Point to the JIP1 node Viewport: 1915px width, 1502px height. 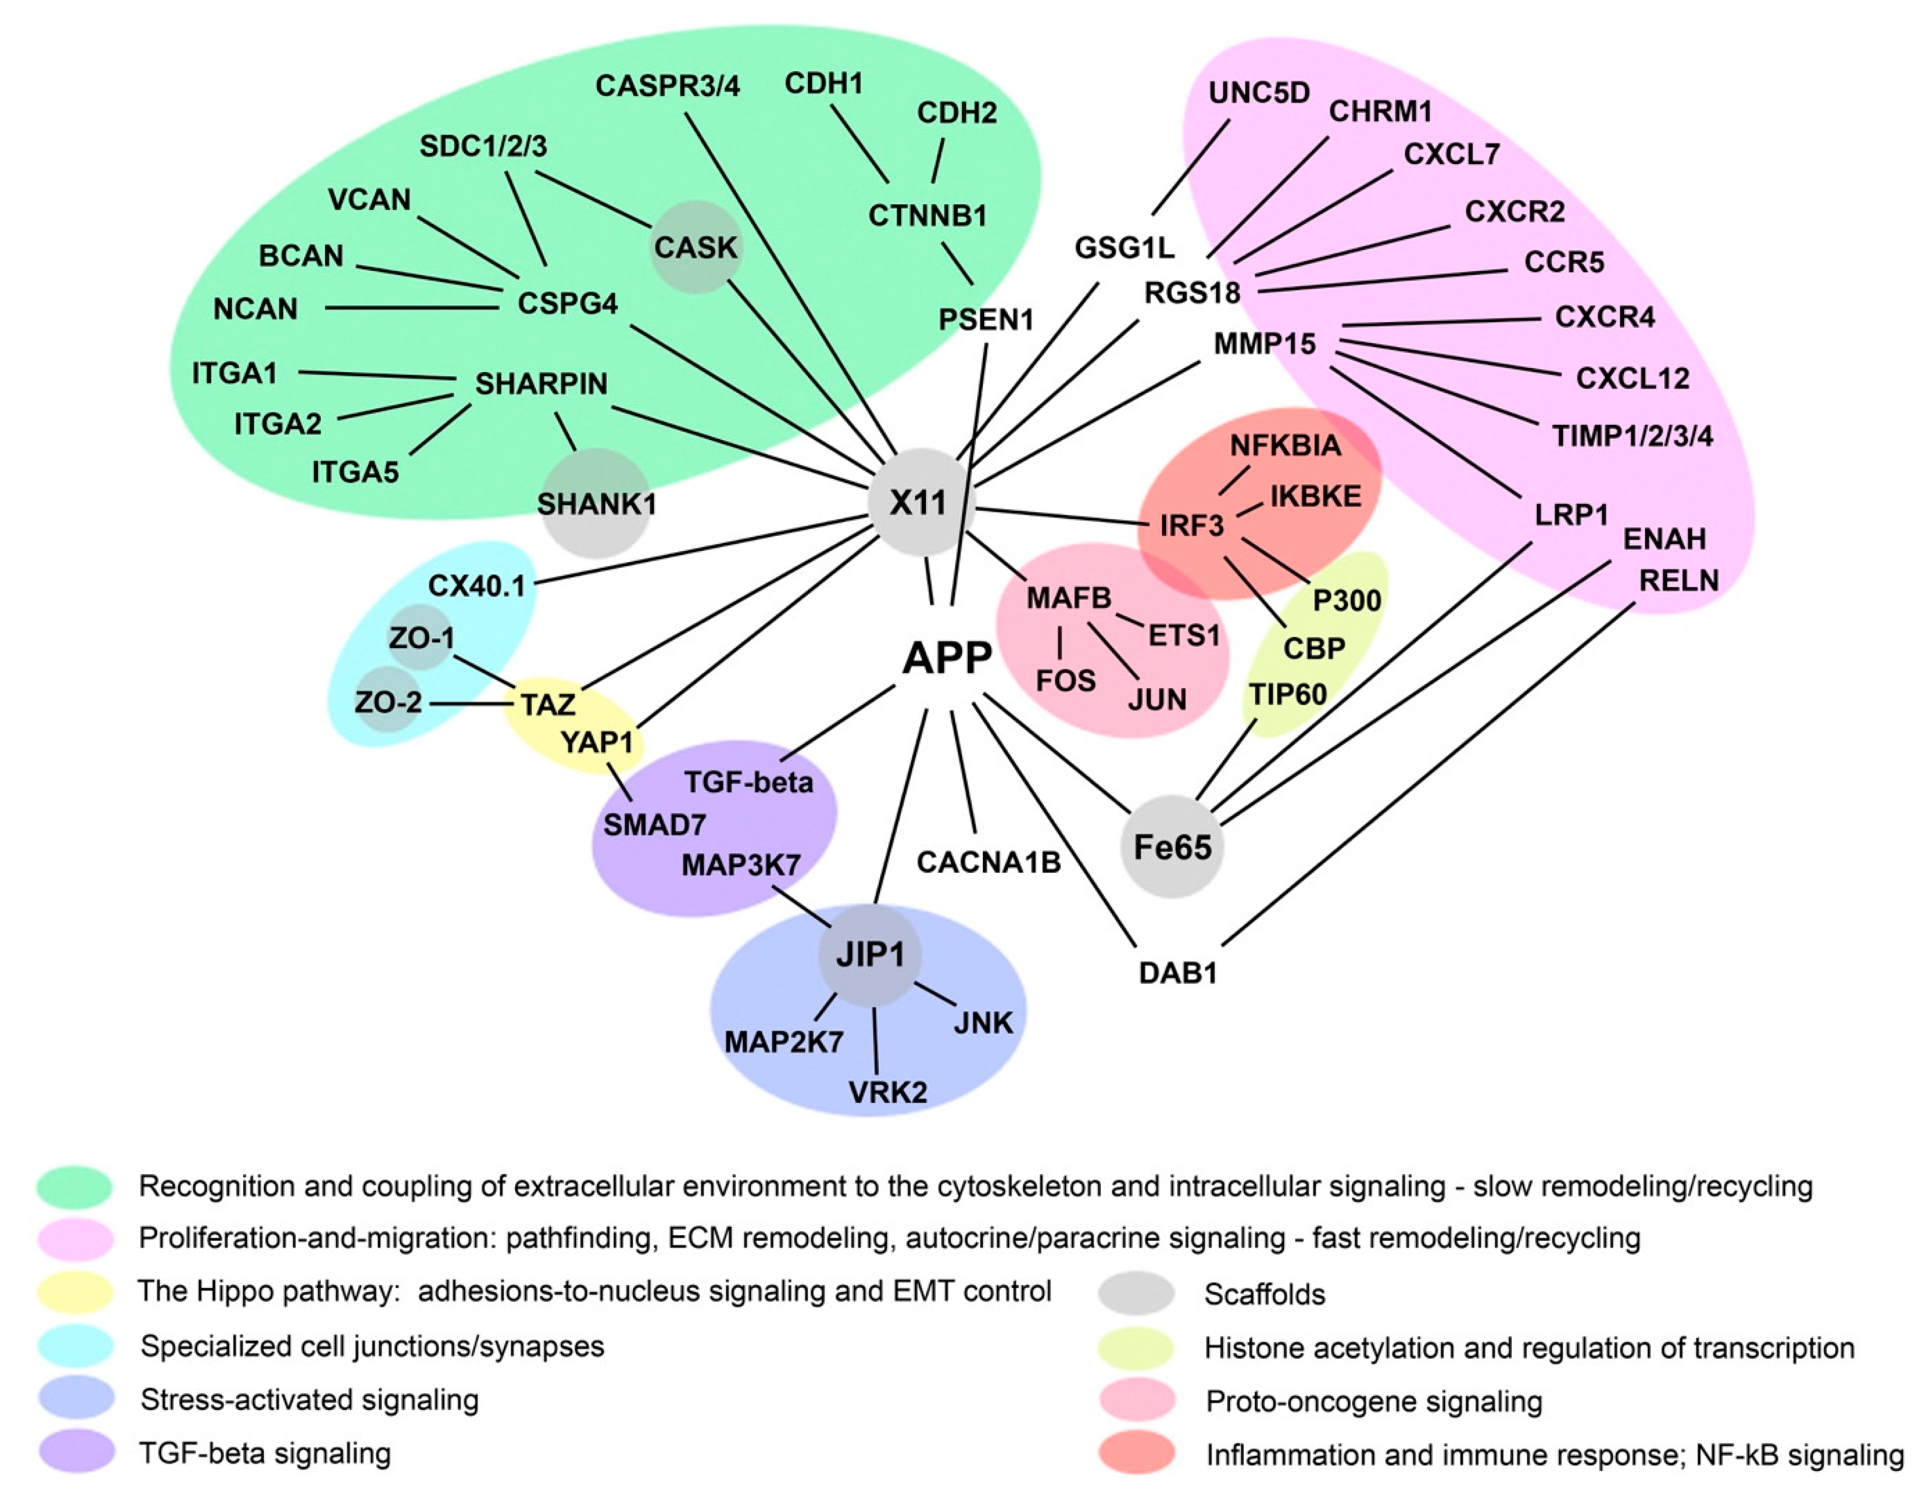[x=870, y=954]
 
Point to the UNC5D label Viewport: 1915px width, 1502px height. [x=1259, y=93]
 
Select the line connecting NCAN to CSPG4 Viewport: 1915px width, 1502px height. [x=412, y=308]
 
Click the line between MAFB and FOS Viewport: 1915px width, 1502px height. [x=1060, y=643]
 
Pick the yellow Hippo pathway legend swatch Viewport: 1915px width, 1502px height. [x=76, y=1291]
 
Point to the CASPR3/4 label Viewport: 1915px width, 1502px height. [x=668, y=86]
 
